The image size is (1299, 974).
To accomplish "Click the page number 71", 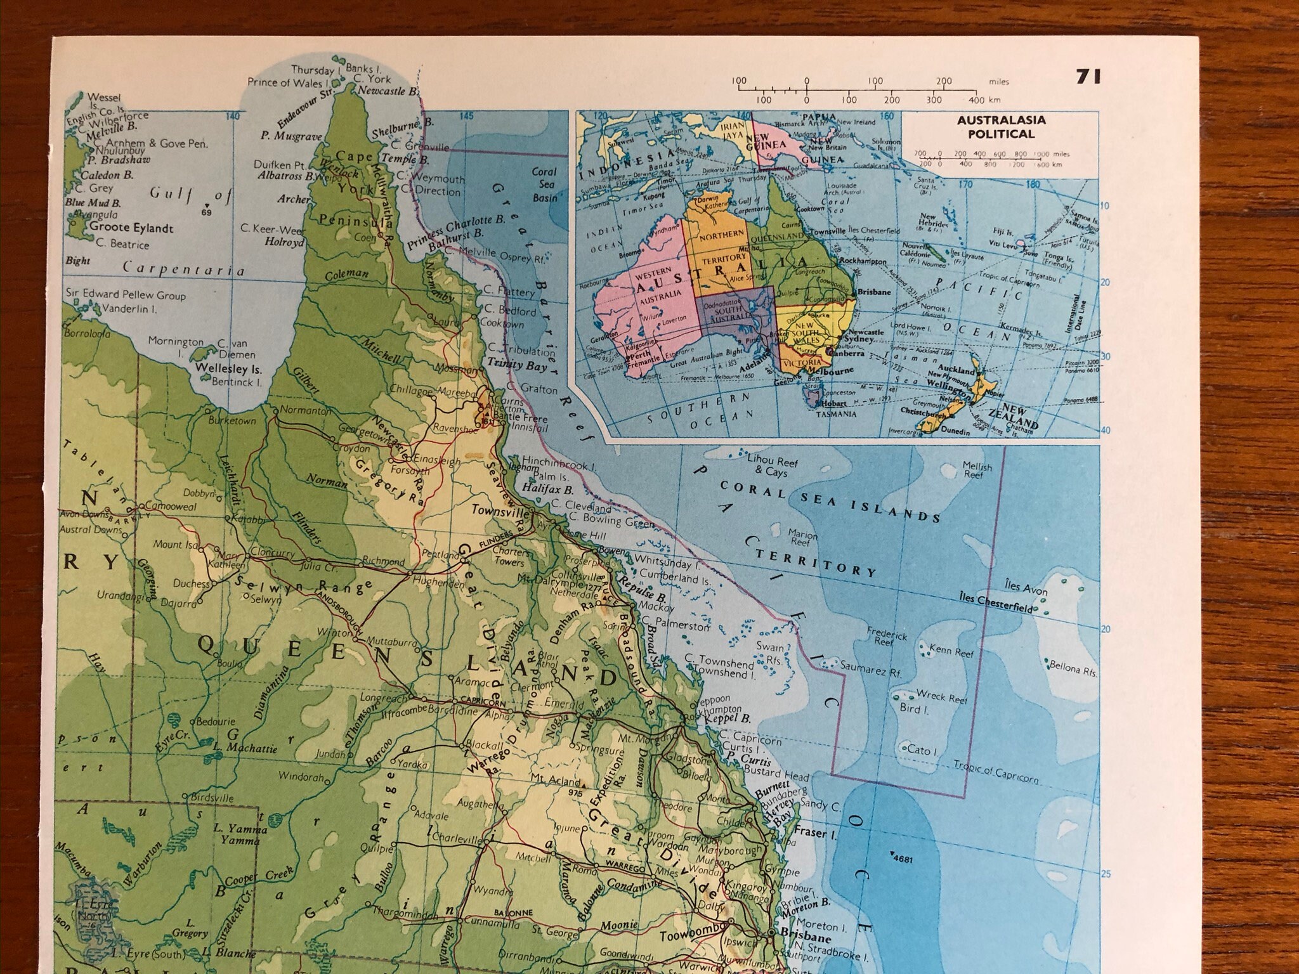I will tap(1088, 77).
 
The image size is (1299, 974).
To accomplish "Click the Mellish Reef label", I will tap(977, 469).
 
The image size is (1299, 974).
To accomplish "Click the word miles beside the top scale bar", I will tap(998, 81).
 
